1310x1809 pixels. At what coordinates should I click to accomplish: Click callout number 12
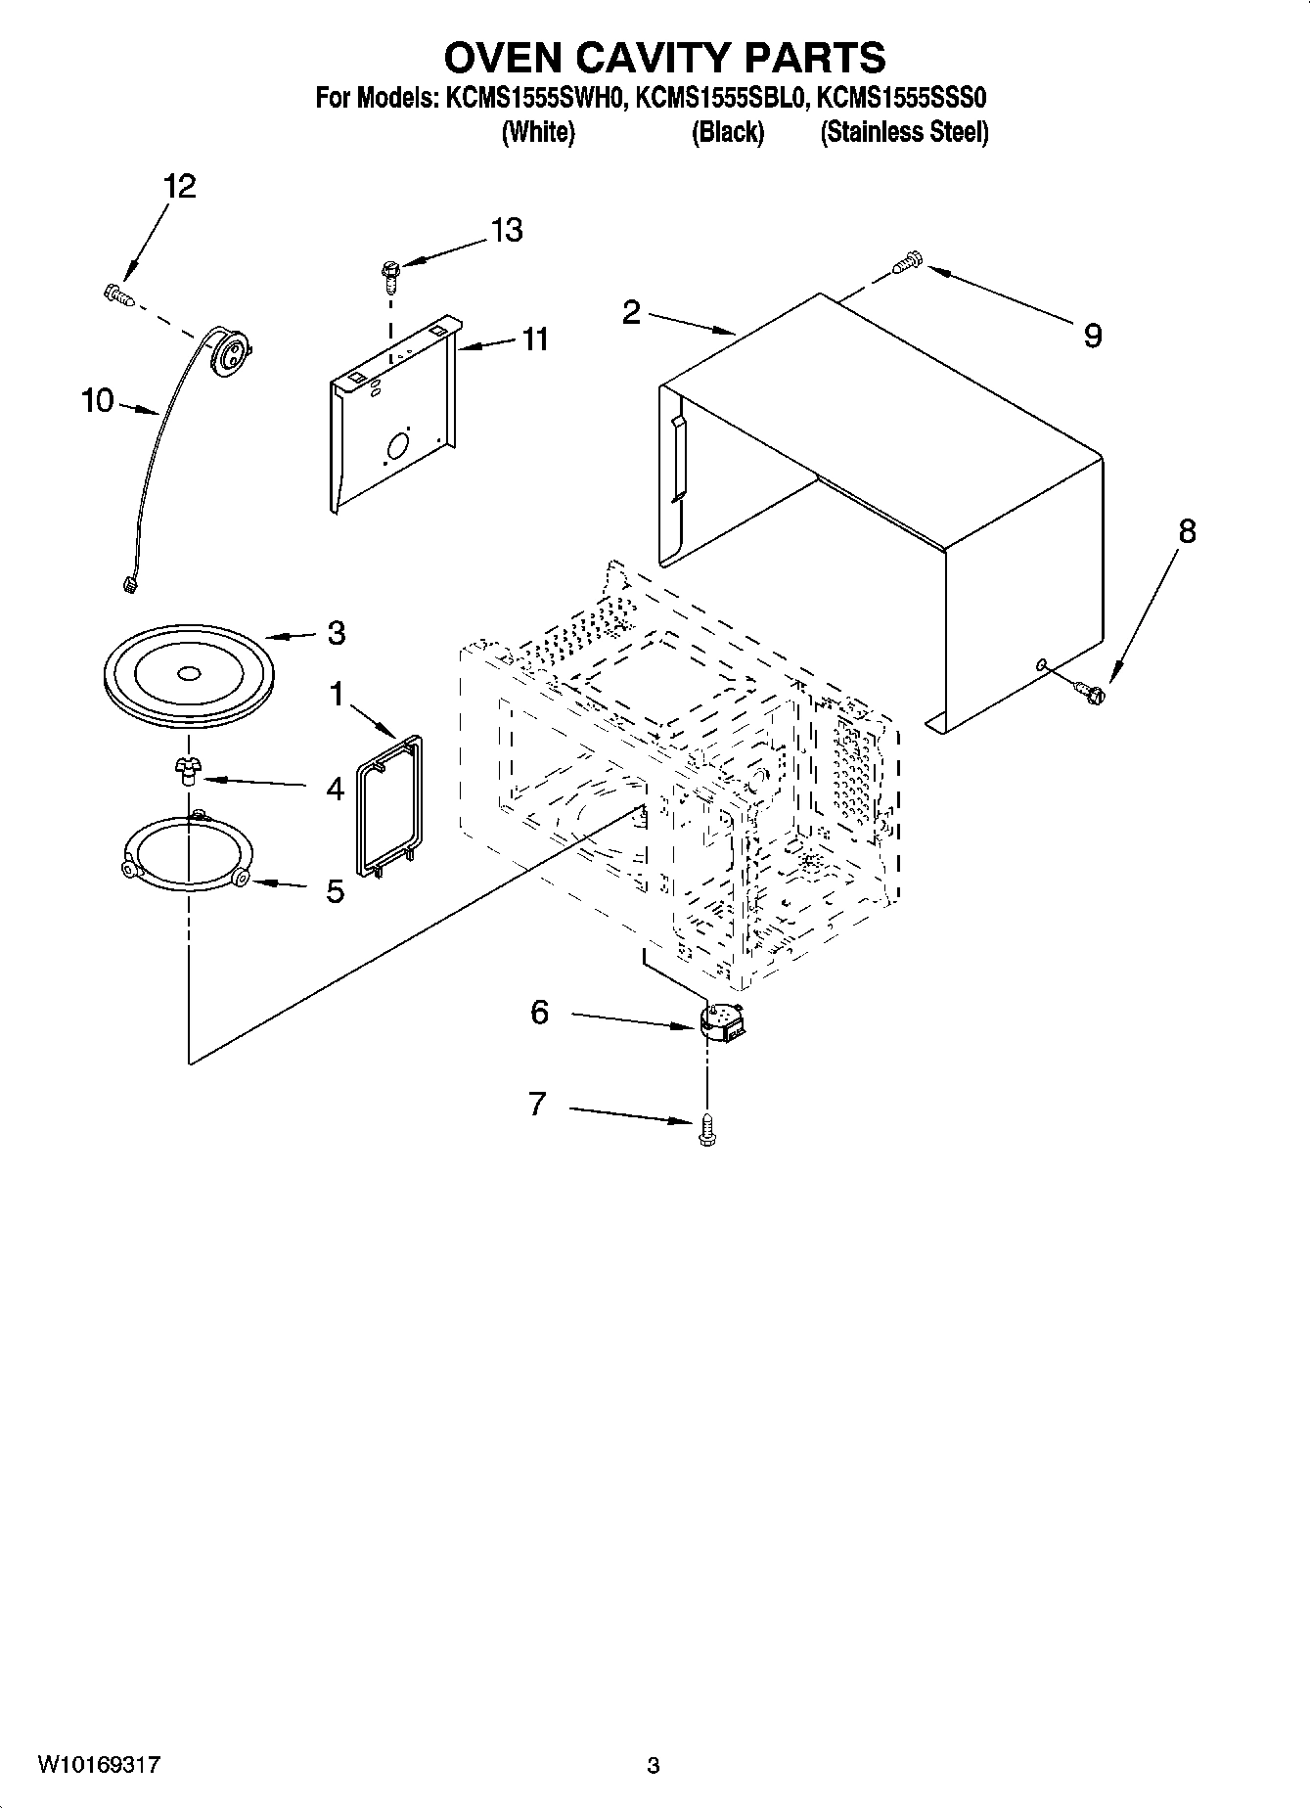click(x=179, y=186)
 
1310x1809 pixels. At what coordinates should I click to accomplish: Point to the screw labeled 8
click(x=1091, y=692)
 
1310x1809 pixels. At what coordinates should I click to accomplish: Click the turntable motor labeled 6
click(x=724, y=1024)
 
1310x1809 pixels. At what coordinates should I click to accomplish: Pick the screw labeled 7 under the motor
click(x=706, y=1131)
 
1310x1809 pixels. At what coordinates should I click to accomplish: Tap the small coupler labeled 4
click(x=186, y=771)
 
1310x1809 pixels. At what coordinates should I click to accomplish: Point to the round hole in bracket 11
click(x=398, y=447)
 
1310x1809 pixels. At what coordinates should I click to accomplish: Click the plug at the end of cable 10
click(x=126, y=586)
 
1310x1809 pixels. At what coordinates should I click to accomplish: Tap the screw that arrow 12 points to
click(x=117, y=293)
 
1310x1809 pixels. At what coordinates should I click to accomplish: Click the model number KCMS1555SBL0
click(x=723, y=99)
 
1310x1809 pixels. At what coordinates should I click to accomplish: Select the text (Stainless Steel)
click(x=904, y=132)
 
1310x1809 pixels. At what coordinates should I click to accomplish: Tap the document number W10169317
click(x=99, y=1765)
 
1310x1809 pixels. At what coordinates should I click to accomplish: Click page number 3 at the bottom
click(x=654, y=1766)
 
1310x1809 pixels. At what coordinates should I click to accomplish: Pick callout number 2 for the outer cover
click(x=631, y=312)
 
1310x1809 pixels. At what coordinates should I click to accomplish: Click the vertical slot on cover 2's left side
click(x=677, y=458)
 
